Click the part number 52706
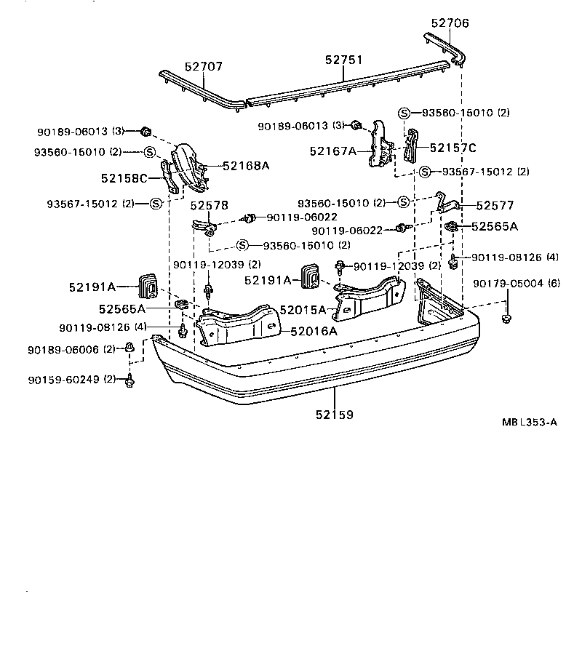tap(450, 23)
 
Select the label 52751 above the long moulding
tap(344, 60)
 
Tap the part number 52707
tap(204, 66)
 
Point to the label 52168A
tap(246, 166)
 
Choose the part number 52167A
tap(332, 151)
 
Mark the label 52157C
tap(453, 148)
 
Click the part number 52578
tap(210, 206)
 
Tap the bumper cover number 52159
tap(335, 415)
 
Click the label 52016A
tap(314, 331)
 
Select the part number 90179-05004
tap(509, 284)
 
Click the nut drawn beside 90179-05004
tap(506, 318)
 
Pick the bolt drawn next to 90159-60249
tap(129, 380)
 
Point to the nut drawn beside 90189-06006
tap(129, 347)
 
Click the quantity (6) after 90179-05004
tap(554, 284)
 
